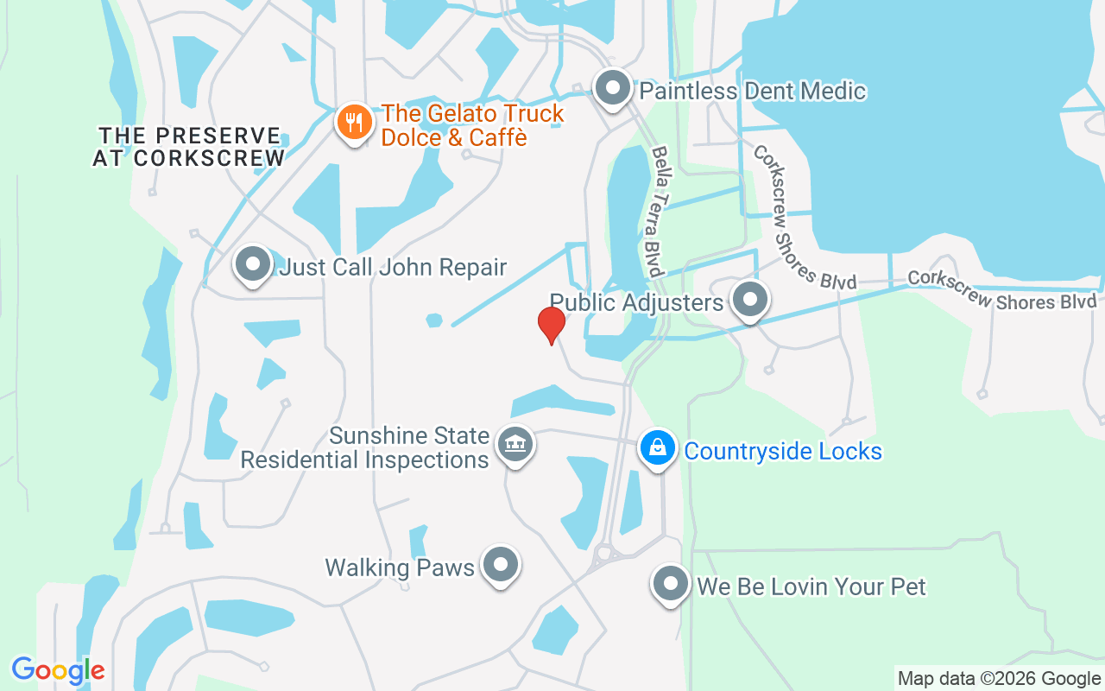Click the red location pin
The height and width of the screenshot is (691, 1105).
click(x=551, y=325)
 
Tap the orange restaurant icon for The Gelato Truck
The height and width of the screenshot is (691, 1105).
click(x=354, y=122)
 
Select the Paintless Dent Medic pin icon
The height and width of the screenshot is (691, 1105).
click(x=613, y=88)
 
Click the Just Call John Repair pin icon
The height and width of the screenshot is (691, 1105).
click(x=253, y=264)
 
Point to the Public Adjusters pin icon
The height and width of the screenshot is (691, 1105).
click(x=749, y=300)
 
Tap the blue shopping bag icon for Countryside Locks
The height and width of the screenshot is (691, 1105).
click(x=658, y=448)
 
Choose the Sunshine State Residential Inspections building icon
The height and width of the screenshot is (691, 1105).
click(x=515, y=446)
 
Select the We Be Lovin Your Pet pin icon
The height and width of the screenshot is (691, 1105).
click(x=671, y=585)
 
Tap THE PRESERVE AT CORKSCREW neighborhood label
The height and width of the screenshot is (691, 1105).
click(x=189, y=147)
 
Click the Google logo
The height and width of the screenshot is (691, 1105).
click(x=58, y=670)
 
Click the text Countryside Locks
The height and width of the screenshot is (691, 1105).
click(x=783, y=451)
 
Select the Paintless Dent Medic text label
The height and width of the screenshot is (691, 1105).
click(x=752, y=91)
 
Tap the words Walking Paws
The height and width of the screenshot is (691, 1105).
click(x=400, y=567)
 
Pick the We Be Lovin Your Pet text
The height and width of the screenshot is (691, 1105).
click(x=811, y=587)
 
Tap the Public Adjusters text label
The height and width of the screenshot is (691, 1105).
click(x=636, y=302)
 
